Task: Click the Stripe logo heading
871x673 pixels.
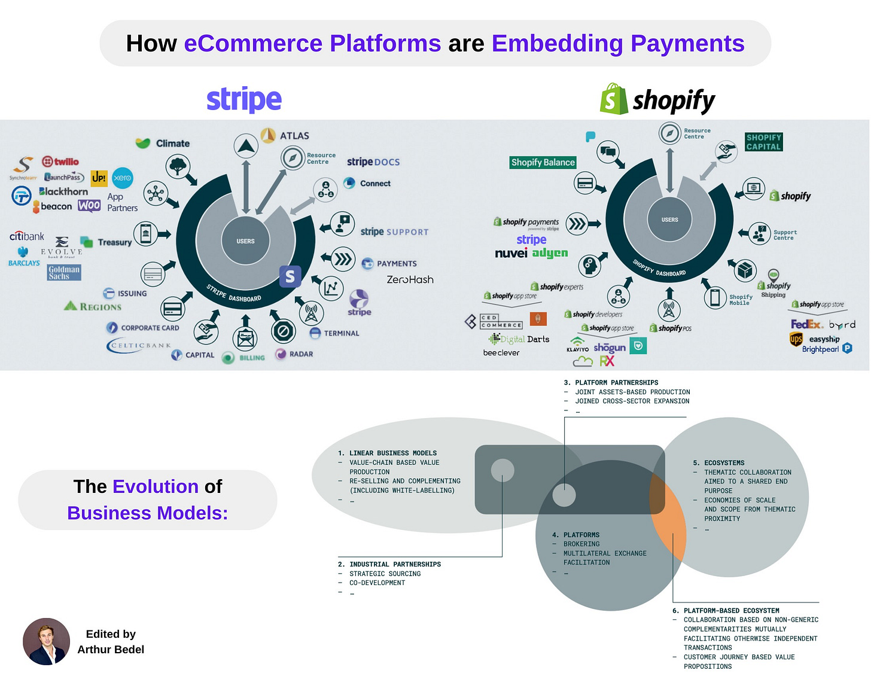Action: pyautogui.click(x=244, y=99)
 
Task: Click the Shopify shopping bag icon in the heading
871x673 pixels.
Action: pyautogui.click(x=613, y=99)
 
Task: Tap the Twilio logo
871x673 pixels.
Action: pyautogui.click(x=60, y=162)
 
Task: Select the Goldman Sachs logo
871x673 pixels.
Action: pyautogui.click(x=64, y=273)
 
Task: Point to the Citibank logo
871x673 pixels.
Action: pyautogui.click(x=27, y=236)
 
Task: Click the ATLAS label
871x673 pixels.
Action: pyautogui.click(x=294, y=136)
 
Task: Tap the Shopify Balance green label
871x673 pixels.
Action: pyautogui.click(x=543, y=162)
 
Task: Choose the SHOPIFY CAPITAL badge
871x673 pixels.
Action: pyautogui.click(x=763, y=142)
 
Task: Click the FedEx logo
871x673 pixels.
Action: pyautogui.click(x=806, y=324)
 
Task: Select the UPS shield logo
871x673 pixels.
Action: pyautogui.click(x=796, y=340)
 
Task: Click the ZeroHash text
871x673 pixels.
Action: pyautogui.click(x=410, y=279)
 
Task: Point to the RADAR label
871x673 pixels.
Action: pyautogui.click(x=301, y=354)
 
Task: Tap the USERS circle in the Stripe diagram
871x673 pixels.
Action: pyautogui.click(x=245, y=241)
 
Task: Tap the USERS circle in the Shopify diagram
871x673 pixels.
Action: pyautogui.click(x=669, y=220)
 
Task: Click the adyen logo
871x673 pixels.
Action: pyautogui.click(x=550, y=253)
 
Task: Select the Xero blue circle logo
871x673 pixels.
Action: pyautogui.click(x=123, y=178)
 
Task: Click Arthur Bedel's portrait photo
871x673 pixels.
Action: pyautogui.click(x=46, y=641)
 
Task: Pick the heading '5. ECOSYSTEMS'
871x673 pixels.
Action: pyautogui.click(x=718, y=463)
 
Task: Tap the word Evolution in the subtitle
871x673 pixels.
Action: pyautogui.click(x=156, y=486)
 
